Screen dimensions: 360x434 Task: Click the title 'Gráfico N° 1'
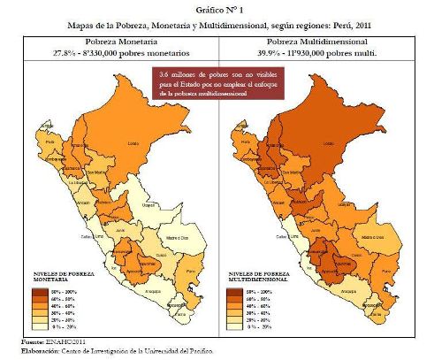(x=217, y=10)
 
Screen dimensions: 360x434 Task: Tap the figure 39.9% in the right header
(x=260, y=53)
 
